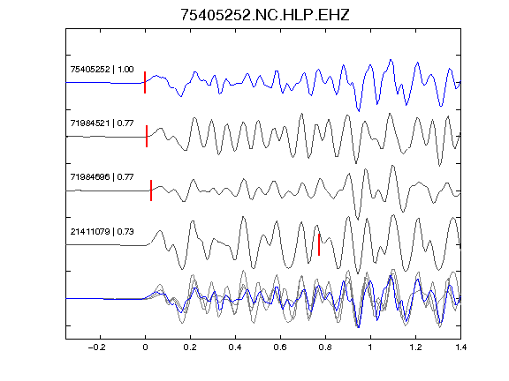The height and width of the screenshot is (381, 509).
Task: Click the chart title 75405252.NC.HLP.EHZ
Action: tap(265, 15)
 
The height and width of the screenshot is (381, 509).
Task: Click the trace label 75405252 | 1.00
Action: tap(102, 70)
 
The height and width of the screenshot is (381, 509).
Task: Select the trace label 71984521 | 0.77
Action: tap(102, 123)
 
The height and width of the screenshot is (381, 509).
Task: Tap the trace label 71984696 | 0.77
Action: tap(102, 177)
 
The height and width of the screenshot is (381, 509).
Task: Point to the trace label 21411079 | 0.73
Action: tap(102, 232)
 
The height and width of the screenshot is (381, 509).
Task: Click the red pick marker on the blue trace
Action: tap(145, 83)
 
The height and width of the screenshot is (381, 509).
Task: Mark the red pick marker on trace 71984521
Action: tap(147, 137)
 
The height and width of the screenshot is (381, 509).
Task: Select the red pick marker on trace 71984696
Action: tap(151, 190)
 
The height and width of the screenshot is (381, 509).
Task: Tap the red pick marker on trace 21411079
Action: tap(319, 244)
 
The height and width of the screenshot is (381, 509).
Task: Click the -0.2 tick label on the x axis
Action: tap(97, 347)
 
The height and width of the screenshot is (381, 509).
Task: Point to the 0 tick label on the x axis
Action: tap(145, 347)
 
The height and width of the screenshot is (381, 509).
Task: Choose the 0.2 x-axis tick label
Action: tap(190, 347)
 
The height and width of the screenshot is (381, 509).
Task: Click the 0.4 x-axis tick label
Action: tap(235, 347)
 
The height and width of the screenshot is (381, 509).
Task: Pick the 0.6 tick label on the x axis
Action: tap(280, 347)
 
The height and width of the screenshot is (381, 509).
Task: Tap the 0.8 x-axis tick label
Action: tap(325, 347)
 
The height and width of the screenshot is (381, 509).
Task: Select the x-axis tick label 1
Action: tap(370, 347)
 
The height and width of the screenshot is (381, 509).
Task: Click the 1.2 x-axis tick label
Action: tap(415, 347)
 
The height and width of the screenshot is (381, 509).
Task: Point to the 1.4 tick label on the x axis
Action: tap(460, 347)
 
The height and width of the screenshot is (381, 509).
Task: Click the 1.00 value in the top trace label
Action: tap(125, 70)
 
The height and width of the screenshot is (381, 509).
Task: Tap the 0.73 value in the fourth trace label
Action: tap(125, 232)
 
